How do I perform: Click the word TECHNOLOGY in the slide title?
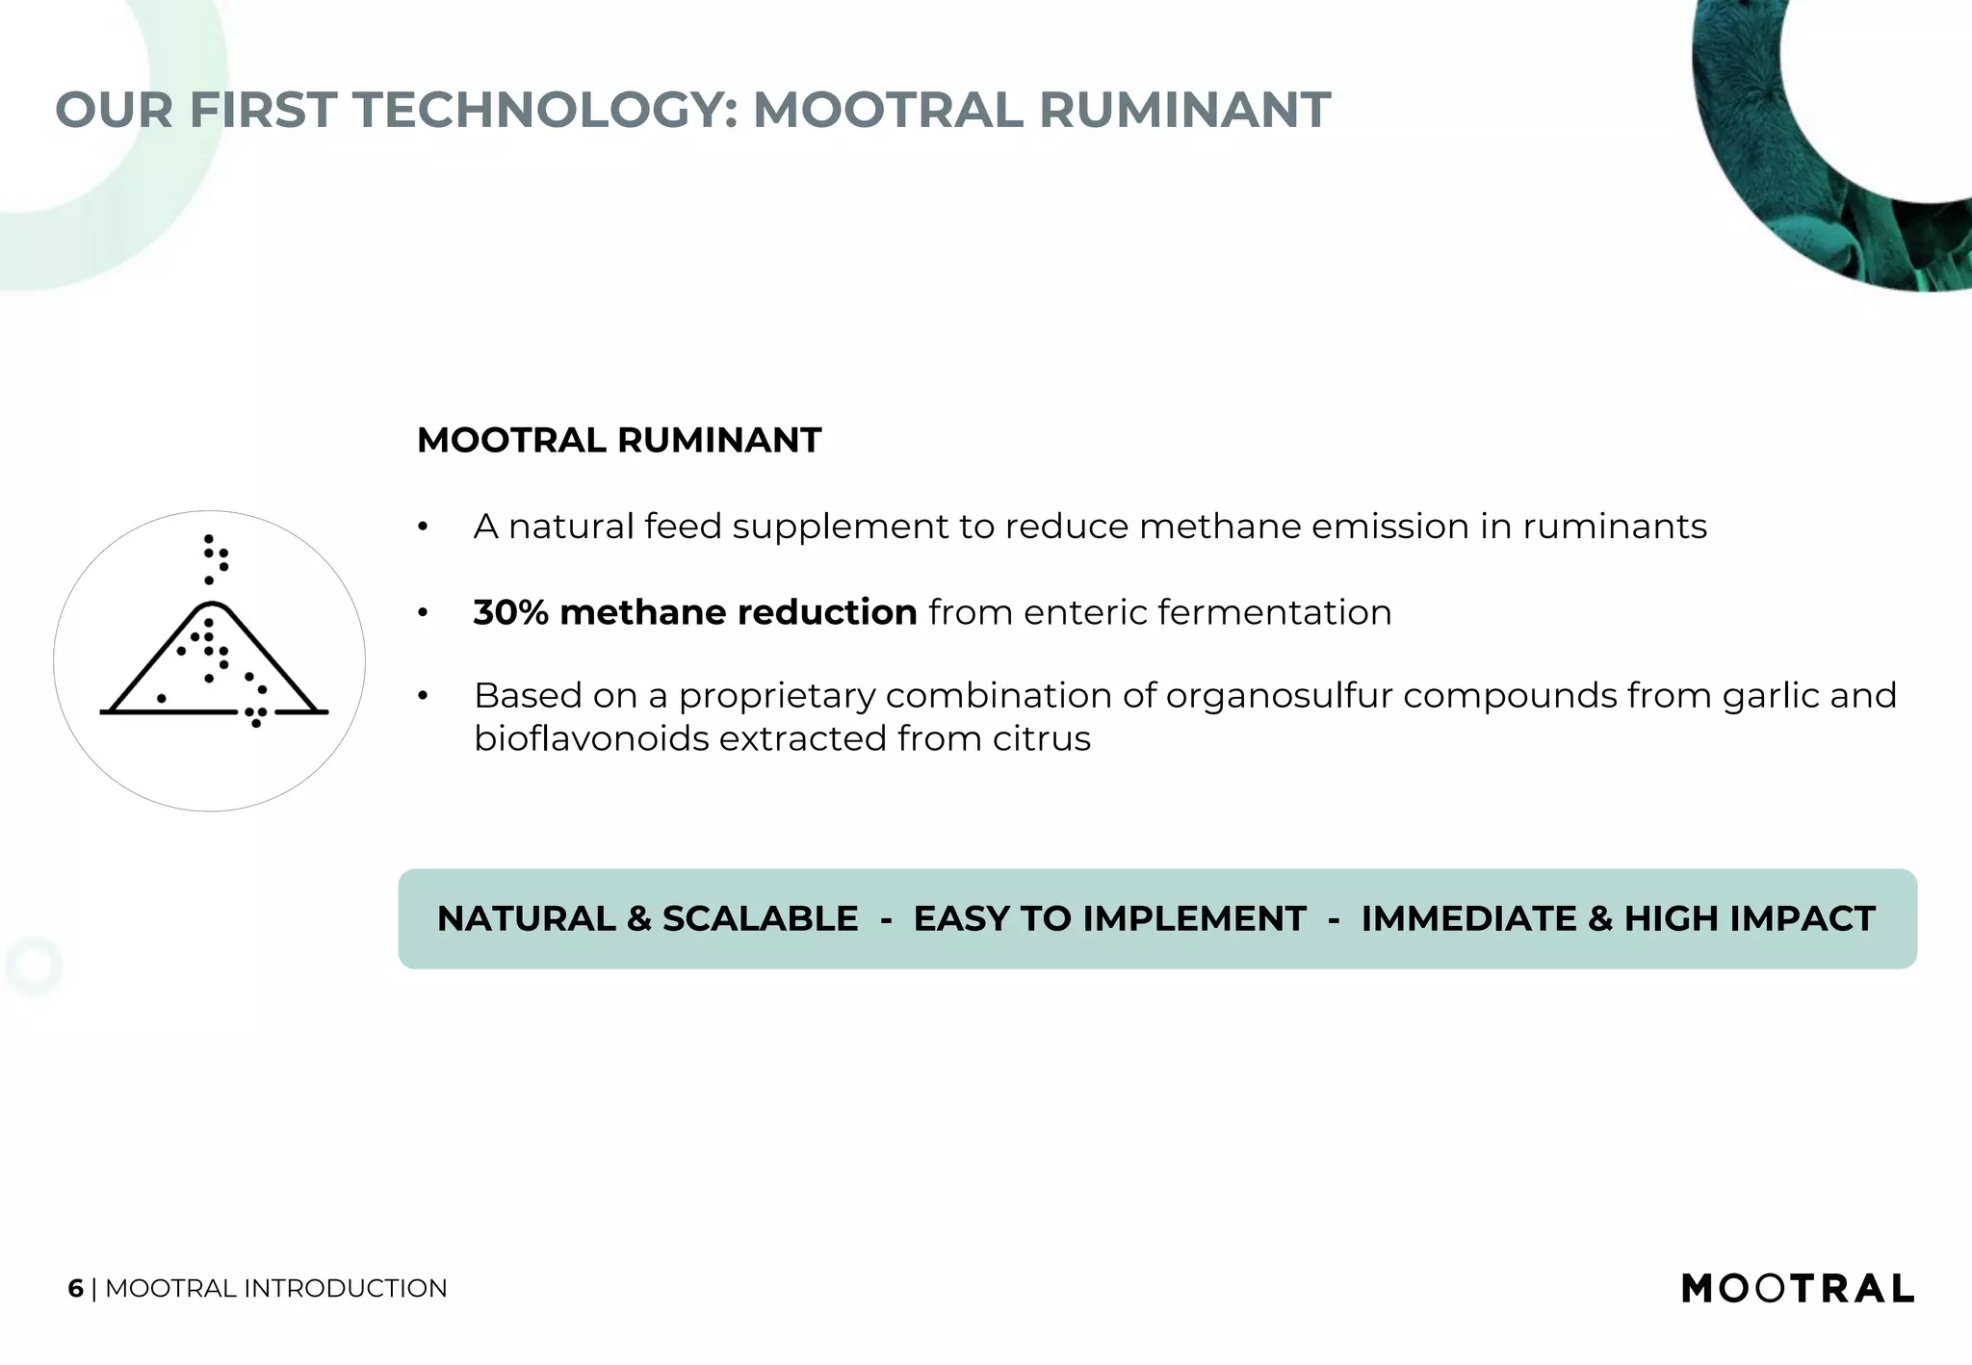545,110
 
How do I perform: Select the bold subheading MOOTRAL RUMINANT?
618,441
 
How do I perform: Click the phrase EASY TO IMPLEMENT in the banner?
1109,919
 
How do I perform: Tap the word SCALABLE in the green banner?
760,919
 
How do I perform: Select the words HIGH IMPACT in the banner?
1750,919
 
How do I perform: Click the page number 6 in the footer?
75,1289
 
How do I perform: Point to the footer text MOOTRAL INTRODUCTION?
275,1289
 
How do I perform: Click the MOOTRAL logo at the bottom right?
1797,1288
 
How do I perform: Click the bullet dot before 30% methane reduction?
422,613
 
